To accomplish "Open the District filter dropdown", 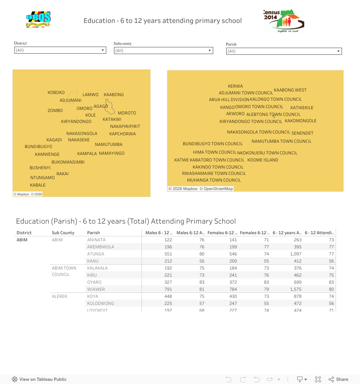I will [x=60, y=50].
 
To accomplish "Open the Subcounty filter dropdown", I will [x=163, y=51].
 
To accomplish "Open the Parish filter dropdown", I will [x=284, y=51].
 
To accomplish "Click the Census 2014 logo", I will [x=283, y=21].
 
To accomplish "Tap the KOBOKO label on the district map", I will [x=56, y=93].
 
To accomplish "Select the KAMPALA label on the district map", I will [x=87, y=154].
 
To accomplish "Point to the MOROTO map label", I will [x=127, y=113].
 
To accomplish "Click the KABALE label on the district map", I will [x=38, y=185].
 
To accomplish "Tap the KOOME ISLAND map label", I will [x=263, y=160].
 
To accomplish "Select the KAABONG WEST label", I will [x=290, y=90].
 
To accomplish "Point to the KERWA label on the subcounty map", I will [x=235, y=86].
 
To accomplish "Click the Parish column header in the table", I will [x=94, y=233].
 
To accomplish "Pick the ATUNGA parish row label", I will [x=96, y=254].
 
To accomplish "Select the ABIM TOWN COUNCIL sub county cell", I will [x=64, y=271].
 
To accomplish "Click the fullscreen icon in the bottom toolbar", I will [x=318, y=379].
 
